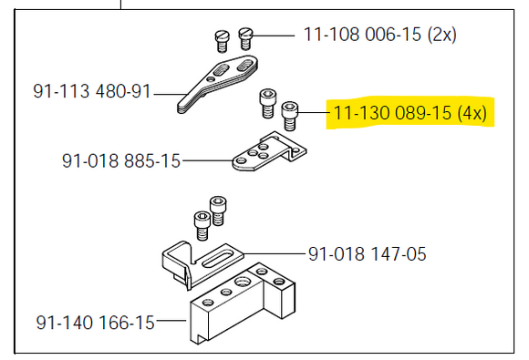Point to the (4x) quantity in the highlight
(474, 114)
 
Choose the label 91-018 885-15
(121, 161)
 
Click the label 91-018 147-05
(367, 252)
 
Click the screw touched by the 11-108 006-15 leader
(244, 37)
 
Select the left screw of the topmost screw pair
(220, 38)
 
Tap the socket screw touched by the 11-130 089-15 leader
(290, 115)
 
